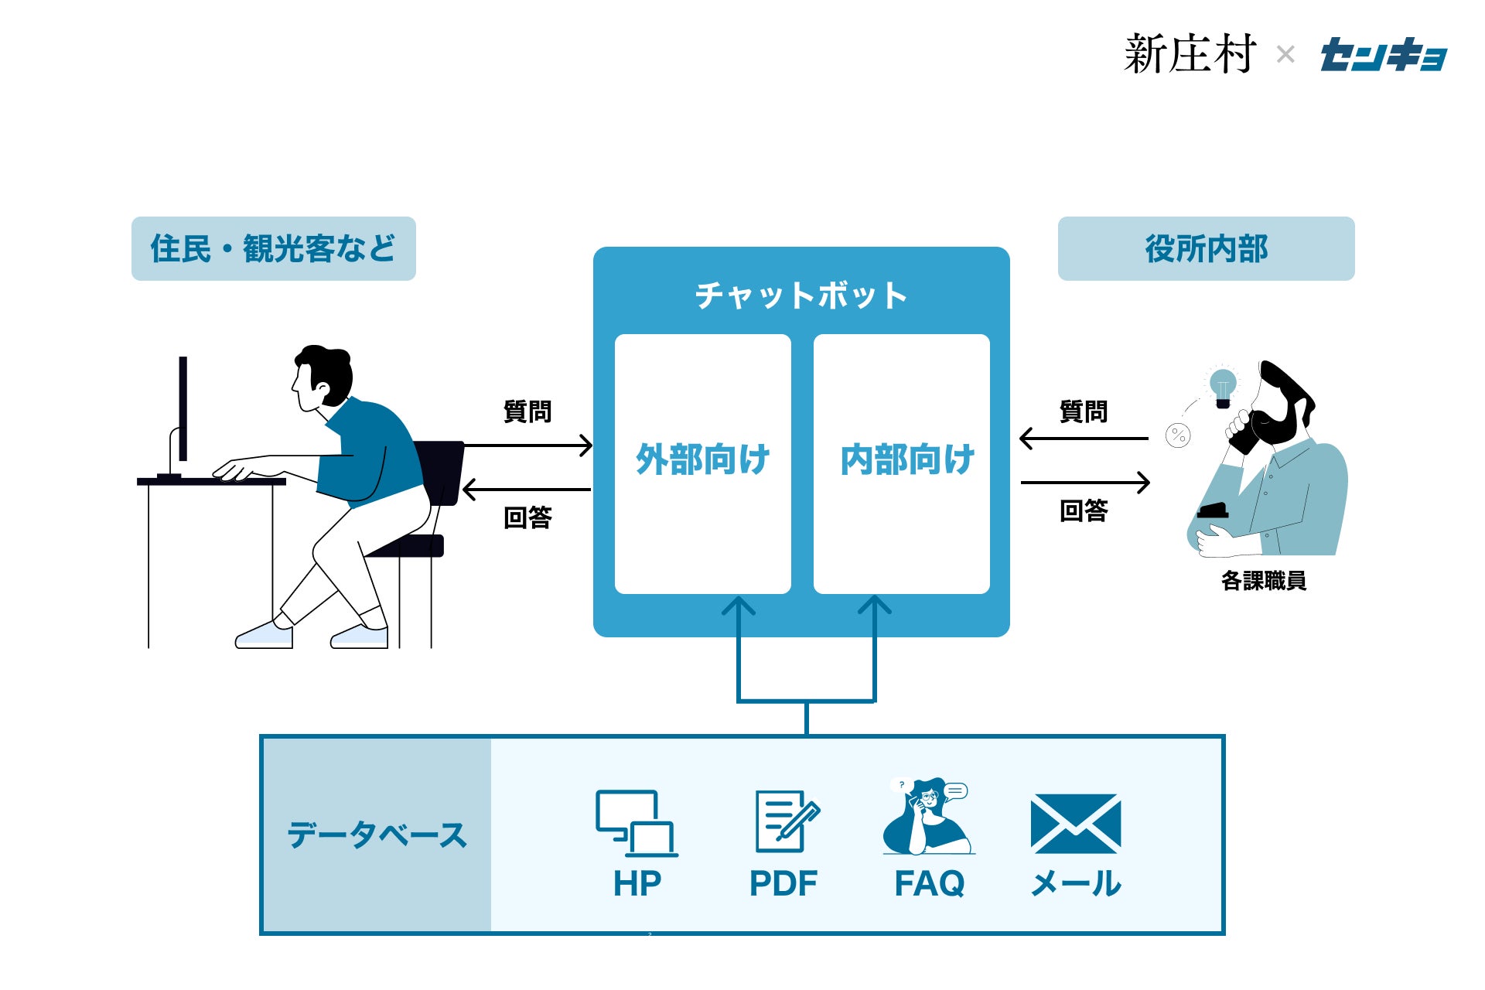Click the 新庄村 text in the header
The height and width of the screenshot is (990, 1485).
[x=1190, y=54]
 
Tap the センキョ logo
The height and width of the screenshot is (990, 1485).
[x=1383, y=55]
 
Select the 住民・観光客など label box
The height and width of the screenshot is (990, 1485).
[x=273, y=248]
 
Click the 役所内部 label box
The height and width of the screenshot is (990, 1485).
[x=1206, y=248]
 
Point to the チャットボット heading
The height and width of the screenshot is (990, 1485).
[x=801, y=295]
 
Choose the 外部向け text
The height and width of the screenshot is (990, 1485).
[x=702, y=459]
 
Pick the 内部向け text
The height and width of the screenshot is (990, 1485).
[x=906, y=459]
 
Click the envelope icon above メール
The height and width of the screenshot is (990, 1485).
[x=1075, y=824]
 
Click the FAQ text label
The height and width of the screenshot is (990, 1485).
[x=929, y=883]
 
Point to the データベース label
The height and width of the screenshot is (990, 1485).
[x=377, y=835]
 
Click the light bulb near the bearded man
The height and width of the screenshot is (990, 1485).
[x=1223, y=387]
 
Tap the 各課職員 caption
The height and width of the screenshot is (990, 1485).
[x=1264, y=581]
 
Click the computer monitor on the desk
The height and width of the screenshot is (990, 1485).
[x=183, y=410]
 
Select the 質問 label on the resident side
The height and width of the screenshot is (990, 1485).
[x=527, y=411]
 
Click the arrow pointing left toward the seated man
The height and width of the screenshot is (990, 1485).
[x=527, y=490]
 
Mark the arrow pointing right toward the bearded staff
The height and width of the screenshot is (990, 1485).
[x=1085, y=483]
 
